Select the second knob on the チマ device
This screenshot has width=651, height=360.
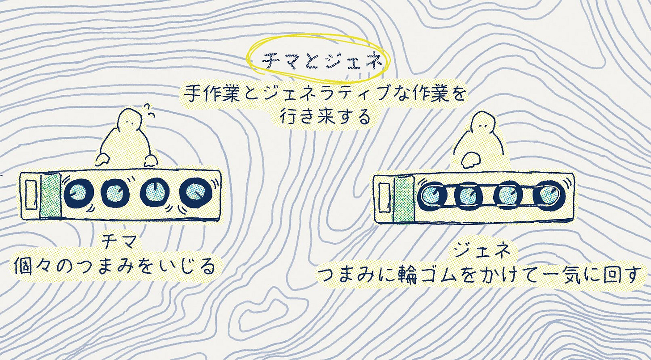pos(115,193)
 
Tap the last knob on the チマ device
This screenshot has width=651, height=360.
pos(194,193)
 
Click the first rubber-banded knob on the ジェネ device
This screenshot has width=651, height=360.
pos(431,196)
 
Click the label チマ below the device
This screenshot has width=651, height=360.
pos(115,244)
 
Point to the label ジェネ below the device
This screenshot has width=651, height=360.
pos(482,250)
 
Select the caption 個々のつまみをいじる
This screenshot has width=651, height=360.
pos(115,267)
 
